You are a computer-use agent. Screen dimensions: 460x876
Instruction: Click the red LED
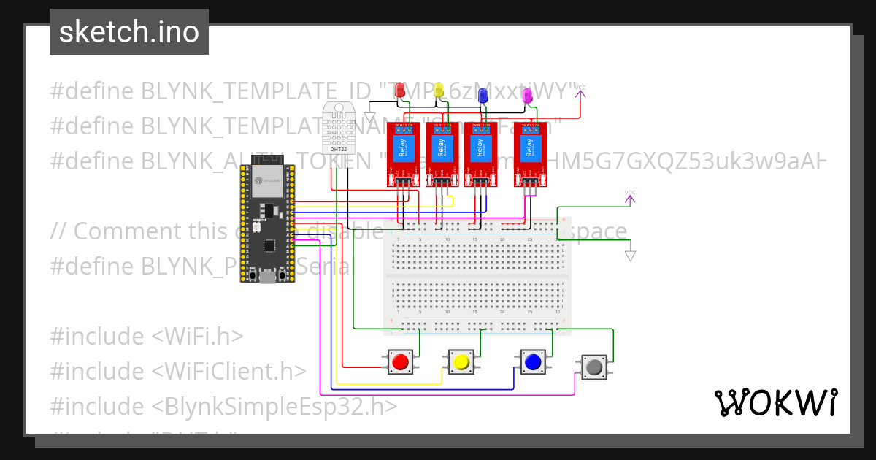click(400, 90)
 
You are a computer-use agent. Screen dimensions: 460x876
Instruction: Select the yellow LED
click(439, 90)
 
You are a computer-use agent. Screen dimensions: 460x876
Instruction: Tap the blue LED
click(483, 94)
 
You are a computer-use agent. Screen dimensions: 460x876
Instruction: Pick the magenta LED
click(528, 94)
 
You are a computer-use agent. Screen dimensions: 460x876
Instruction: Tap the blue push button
click(532, 361)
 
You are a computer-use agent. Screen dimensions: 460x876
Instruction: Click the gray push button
click(594, 367)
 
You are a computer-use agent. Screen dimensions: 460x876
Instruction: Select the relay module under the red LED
click(401, 152)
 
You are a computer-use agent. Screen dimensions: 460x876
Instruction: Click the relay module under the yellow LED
click(440, 152)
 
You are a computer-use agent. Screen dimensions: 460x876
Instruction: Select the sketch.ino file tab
click(129, 32)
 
